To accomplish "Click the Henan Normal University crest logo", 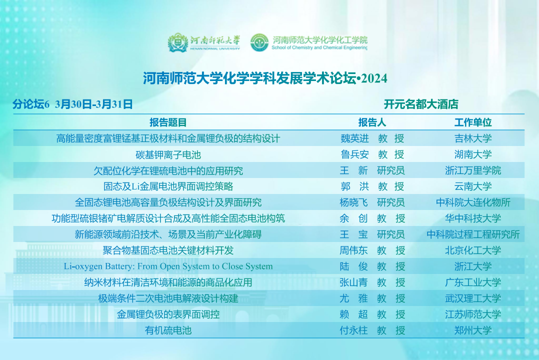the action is pos(177,42).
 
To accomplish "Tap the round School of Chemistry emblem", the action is pos(259,42).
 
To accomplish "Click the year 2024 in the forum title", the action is pos(374,78).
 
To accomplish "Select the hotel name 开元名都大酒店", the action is pos(421,104).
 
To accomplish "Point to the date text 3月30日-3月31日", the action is pos(94,104).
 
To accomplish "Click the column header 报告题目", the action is pos(168,122).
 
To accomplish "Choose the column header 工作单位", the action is pos(473,122).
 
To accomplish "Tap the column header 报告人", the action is pos(372,122).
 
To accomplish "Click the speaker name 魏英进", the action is pos(354,138).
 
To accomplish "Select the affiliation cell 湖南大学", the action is pos(473,154).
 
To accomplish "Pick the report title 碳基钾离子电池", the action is pos(168,154).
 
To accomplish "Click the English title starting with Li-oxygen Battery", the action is pos(168,266).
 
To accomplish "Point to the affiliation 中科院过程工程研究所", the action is pos(473,234).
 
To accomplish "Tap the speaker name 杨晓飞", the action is pos(353,202).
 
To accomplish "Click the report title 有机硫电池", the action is pos(168,330).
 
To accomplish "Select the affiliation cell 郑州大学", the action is pos(473,330).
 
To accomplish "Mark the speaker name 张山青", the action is pos(353,282).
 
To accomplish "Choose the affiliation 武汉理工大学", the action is pos(473,298).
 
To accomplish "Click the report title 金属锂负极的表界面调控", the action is pos(168,314).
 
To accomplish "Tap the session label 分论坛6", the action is pos(31,104).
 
